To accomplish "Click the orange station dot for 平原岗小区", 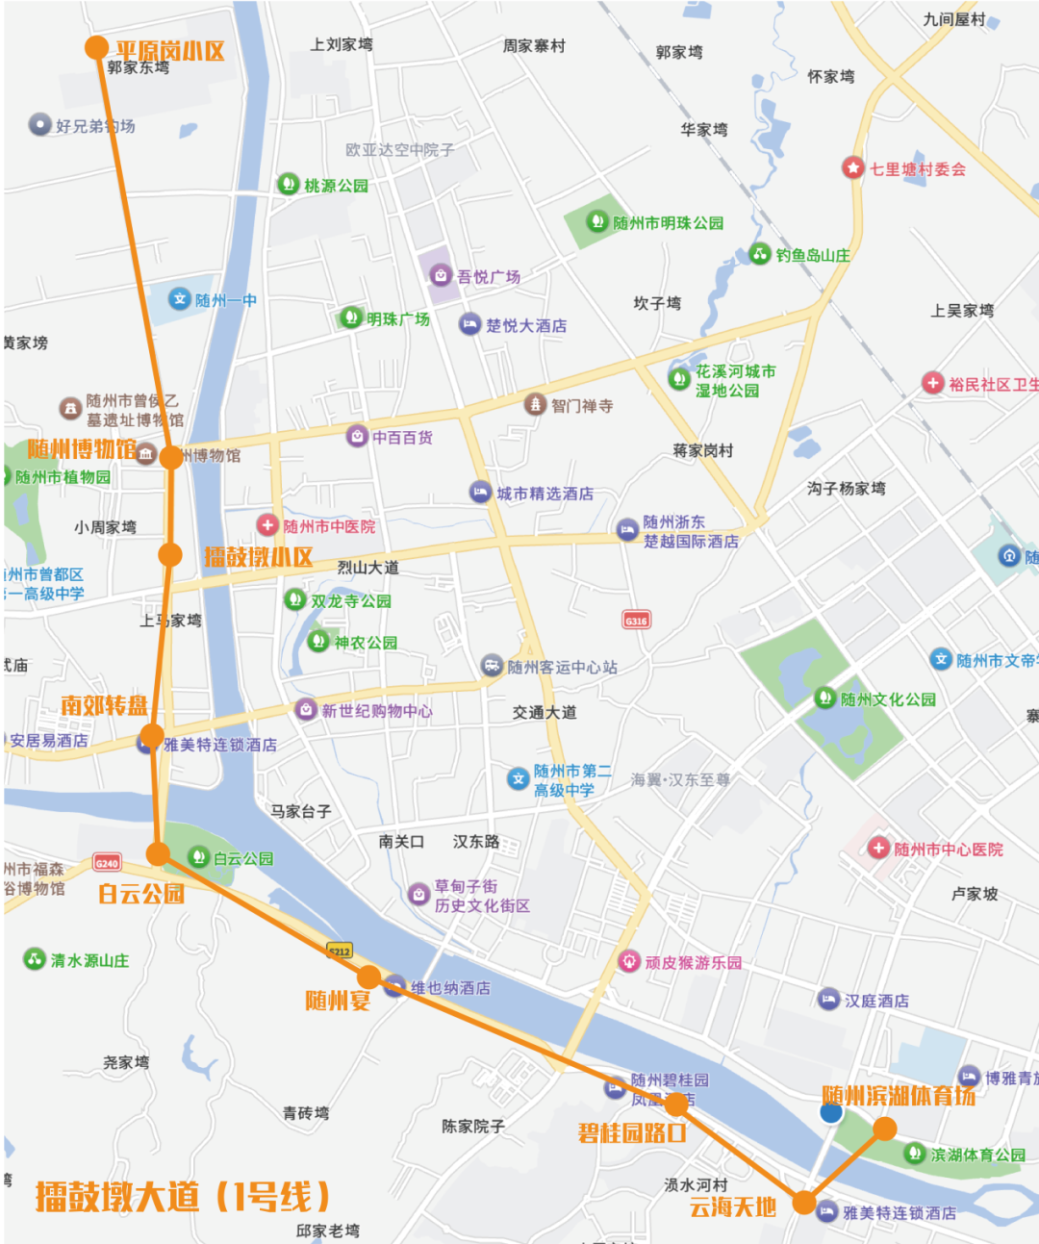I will (96, 47).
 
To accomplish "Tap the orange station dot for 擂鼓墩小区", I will (170, 554).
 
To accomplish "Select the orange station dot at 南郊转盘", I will (151, 737).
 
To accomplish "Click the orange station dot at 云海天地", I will (804, 1202).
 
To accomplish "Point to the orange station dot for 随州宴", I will (368, 977).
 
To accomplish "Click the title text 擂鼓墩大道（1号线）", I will (183, 1196).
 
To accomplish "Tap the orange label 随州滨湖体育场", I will (899, 1096).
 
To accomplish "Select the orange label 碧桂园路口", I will (632, 1132).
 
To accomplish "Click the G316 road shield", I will (636, 621).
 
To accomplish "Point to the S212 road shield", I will (340, 951).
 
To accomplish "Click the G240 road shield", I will (107, 863).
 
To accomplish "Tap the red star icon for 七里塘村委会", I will (853, 168).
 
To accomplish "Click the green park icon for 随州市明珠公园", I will (597, 221).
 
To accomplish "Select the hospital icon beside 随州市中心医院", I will (878, 848).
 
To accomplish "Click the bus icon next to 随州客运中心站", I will (492, 666).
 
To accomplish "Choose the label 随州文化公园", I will (888, 699).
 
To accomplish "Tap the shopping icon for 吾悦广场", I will (441, 276).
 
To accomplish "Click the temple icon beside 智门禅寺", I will (535, 405).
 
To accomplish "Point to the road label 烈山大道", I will (367, 568).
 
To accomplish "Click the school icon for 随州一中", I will (180, 299).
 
